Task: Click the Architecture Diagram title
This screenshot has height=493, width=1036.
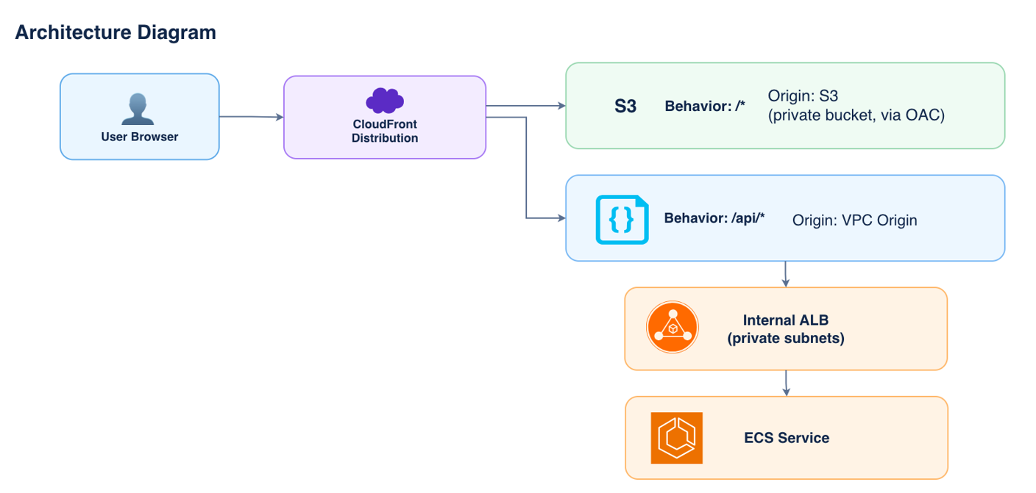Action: click(x=116, y=32)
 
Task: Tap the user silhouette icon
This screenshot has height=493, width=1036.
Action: click(x=138, y=109)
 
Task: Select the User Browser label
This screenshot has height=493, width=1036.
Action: click(x=140, y=137)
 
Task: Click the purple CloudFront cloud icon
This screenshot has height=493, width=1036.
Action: click(x=385, y=100)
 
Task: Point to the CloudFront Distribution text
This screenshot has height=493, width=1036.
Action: click(x=385, y=131)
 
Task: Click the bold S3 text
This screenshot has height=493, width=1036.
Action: click(x=625, y=107)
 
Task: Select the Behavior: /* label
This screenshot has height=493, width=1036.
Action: click(x=705, y=107)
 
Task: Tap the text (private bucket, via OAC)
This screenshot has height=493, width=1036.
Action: click(x=856, y=115)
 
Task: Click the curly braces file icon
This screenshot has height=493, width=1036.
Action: click(x=622, y=220)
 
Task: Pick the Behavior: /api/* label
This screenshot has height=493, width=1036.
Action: click(x=714, y=218)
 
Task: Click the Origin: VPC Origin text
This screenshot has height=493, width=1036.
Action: click(x=855, y=220)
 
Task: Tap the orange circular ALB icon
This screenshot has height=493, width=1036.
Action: click(x=673, y=327)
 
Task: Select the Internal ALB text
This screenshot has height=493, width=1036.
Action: click(x=786, y=320)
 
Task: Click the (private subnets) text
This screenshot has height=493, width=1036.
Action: click(x=786, y=339)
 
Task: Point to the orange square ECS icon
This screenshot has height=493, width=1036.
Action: click(x=677, y=438)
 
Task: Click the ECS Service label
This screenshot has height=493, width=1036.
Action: click(x=787, y=438)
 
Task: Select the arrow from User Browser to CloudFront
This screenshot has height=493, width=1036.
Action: click(x=251, y=117)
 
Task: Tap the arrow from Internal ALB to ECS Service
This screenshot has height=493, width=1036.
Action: click(x=787, y=383)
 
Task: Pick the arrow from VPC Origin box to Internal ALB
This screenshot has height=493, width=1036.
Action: click(x=785, y=274)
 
